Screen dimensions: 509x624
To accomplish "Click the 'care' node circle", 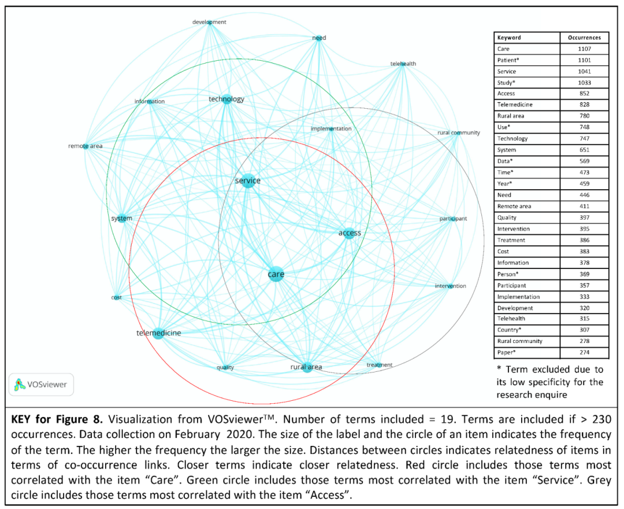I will click(x=276, y=274).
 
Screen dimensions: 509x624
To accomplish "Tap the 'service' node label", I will click(x=248, y=180).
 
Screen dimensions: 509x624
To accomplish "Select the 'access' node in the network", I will click(x=349, y=233).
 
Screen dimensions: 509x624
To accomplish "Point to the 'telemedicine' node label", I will click(x=158, y=333).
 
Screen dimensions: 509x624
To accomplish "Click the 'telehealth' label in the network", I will click(x=403, y=64).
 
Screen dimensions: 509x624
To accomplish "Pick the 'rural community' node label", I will click(x=459, y=132).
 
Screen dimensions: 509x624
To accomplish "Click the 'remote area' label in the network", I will click(x=86, y=146).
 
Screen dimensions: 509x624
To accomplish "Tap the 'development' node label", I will click(x=209, y=22).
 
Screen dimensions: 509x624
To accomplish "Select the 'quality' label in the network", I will click(x=225, y=367).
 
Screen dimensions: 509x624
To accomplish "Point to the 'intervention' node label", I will click(x=450, y=286).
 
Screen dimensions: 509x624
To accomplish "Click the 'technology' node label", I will click(x=226, y=99).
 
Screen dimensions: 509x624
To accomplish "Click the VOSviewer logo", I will click(x=41, y=383).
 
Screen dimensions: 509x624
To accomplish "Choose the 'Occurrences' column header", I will click(x=584, y=38).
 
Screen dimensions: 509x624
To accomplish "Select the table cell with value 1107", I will click(x=584, y=49).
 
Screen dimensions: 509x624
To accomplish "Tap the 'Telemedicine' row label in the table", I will click(x=515, y=105).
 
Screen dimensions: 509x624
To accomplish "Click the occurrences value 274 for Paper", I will click(x=584, y=352).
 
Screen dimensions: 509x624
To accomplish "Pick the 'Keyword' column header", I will click(x=509, y=38).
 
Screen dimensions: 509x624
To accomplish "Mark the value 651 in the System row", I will click(x=584, y=150).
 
